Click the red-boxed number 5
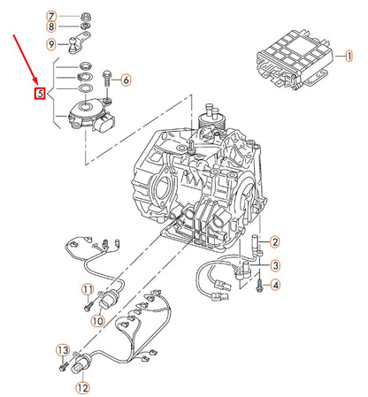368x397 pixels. click(x=39, y=94)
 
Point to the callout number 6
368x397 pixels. click(x=126, y=80)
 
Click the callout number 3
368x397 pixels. click(x=275, y=265)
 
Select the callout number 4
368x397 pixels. click(x=275, y=285)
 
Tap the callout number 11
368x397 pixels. click(x=88, y=289)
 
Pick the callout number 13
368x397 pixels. click(x=62, y=351)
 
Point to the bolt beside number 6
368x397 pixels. click(x=106, y=80)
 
